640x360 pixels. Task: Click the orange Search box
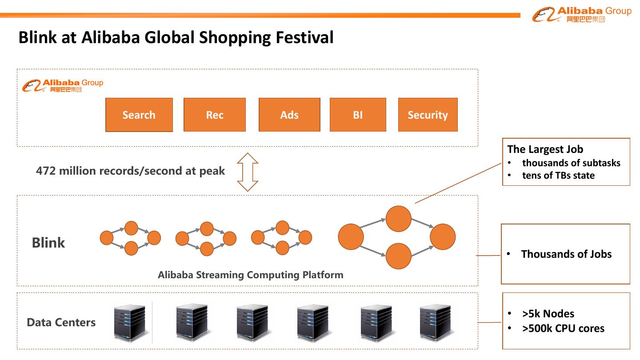pyautogui.click(x=139, y=115)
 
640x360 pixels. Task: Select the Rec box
pyautogui.click(x=214, y=115)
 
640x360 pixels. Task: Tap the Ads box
pyautogui.click(x=289, y=115)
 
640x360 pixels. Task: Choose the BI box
pyautogui.click(x=358, y=115)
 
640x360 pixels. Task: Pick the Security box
pyautogui.click(x=428, y=115)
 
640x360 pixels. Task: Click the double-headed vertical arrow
pyautogui.click(x=248, y=172)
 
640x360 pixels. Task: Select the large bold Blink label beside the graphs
pyautogui.click(x=48, y=243)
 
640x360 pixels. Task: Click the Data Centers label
pyautogui.click(x=61, y=322)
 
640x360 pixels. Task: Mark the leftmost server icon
pyautogui.click(x=129, y=322)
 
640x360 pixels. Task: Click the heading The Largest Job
pyautogui.click(x=545, y=149)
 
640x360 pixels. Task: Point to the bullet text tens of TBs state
pyautogui.click(x=558, y=176)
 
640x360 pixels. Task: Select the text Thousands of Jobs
pyautogui.click(x=566, y=254)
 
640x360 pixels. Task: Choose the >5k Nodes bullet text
pyautogui.click(x=548, y=314)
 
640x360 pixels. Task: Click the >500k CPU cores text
pyautogui.click(x=563, y=328)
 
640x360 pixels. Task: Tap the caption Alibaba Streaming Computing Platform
pyautogui.click(x=251, y=275)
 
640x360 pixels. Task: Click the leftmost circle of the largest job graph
pyautogui.click(x=351, y=237)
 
